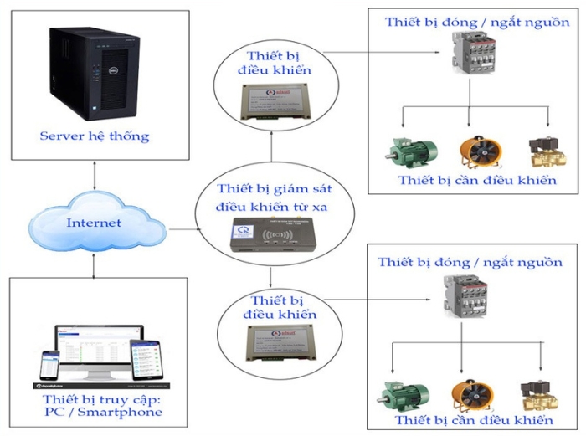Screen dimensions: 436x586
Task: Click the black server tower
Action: (92, 73)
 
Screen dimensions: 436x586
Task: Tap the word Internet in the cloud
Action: (94, 223)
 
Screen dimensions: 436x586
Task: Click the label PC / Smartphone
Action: (93, 411)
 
